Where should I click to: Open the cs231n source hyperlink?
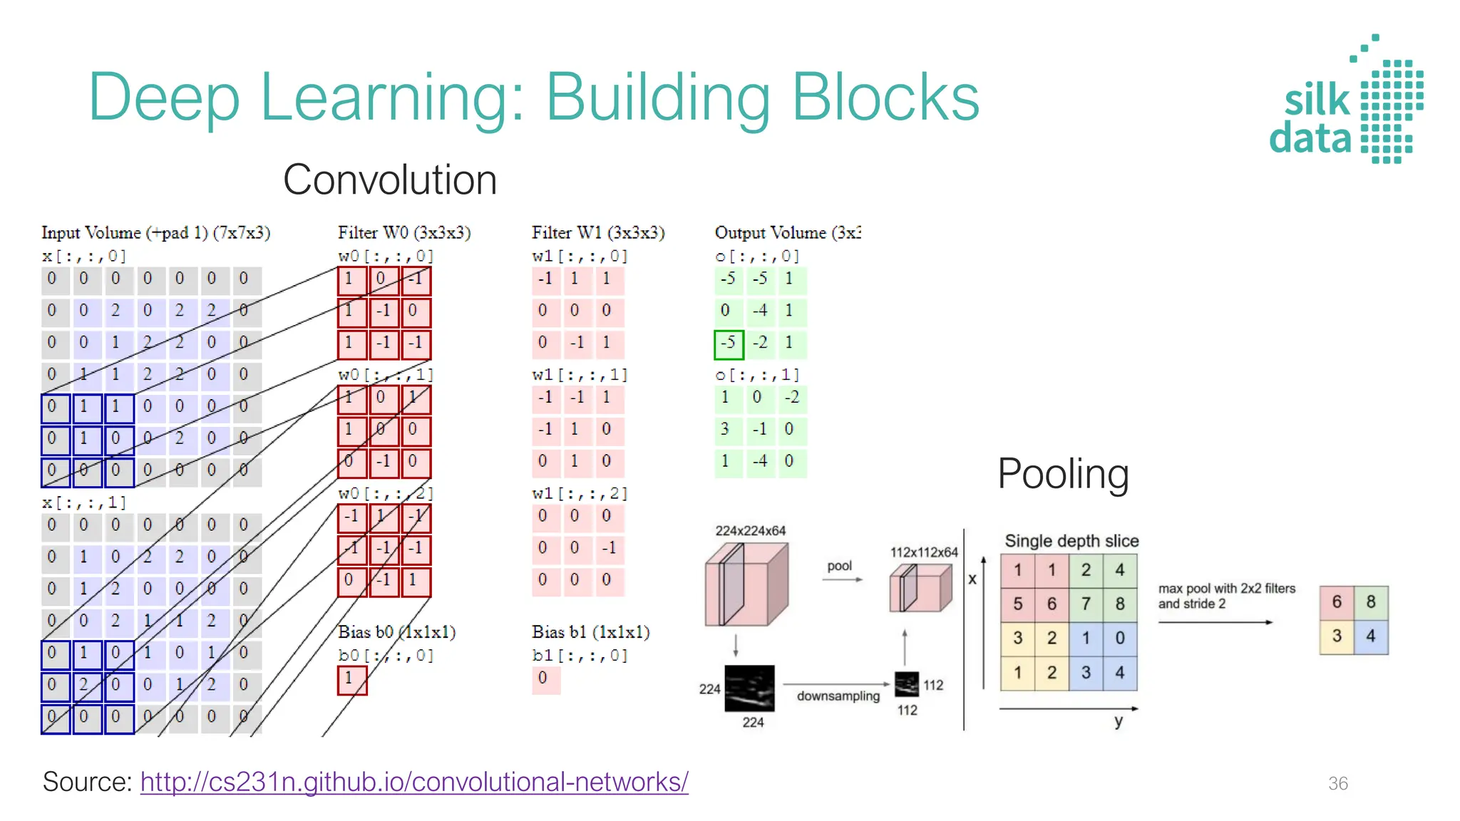point(414,782)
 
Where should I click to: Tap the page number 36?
point(1337,783)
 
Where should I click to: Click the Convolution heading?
point(390,180)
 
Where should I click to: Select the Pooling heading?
point(1063,474)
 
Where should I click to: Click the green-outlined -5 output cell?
point(729,344)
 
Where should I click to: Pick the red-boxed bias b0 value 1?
point(351,679)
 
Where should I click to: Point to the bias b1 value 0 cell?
point(545,678)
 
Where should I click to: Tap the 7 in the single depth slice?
point(1086,604)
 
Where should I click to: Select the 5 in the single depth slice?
point(1017,604)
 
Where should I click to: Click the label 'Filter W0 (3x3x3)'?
point(404,233)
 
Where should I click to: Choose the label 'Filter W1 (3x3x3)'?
point(598,233)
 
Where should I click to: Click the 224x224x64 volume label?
point(750,531)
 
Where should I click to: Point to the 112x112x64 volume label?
point(924,552)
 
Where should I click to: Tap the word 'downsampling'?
point(838,696)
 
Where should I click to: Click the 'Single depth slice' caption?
point(1071,541)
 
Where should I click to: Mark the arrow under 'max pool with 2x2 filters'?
point(1215,622)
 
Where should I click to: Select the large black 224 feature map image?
point(749,688)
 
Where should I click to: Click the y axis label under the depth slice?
point(1119,721)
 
